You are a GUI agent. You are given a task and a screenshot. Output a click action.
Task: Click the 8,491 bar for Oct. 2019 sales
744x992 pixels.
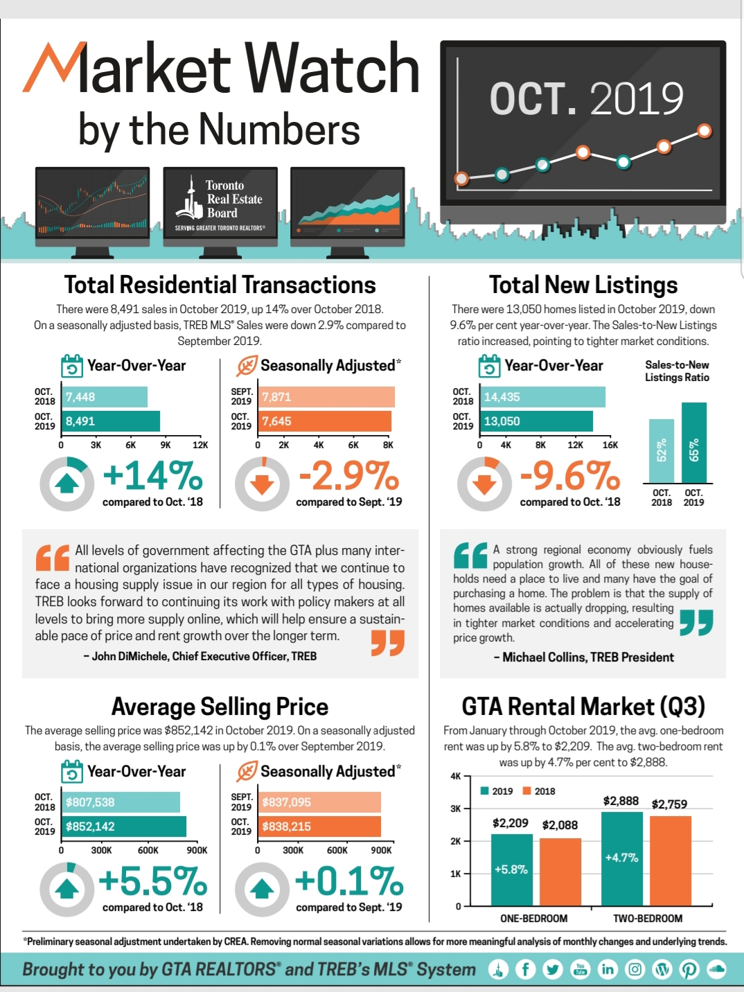(x=111, y=421)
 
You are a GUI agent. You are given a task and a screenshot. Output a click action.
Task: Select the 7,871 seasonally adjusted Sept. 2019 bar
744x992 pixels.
(x=327, y=397)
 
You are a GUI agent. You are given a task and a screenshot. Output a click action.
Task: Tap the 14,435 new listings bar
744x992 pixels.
(x=542, y=397)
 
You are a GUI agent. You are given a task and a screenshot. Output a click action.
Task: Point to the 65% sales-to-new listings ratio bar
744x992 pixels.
(x=694, y=443)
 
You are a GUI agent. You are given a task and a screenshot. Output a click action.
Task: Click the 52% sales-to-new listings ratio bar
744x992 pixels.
(x=661, y=451)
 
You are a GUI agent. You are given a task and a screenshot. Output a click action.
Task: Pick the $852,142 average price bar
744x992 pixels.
(x=124, y=826)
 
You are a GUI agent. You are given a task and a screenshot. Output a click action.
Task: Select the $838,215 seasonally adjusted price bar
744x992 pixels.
(x=320, y=826)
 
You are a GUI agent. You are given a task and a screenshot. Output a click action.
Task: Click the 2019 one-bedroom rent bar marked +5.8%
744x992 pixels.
(x=511, y=870)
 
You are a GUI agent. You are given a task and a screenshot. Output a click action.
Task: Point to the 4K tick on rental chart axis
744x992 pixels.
(x=456, y=777)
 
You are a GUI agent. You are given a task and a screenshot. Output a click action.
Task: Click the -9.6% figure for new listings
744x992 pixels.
(x=569, y=476)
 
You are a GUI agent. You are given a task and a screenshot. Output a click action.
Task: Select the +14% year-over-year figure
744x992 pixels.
(x=152, y=476)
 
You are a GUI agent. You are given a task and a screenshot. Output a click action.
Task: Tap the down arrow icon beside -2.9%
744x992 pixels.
(x=262, y=484)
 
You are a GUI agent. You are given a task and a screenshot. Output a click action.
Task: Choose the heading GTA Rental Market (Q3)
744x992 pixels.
(x=583, y=707)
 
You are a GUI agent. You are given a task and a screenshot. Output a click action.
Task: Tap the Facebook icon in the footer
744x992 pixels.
(x=525, y=969)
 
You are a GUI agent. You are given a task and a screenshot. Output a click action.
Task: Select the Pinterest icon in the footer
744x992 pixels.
(x=689, y=969)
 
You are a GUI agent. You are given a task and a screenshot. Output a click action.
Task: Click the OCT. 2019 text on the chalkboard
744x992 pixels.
(x=586, y=98)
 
